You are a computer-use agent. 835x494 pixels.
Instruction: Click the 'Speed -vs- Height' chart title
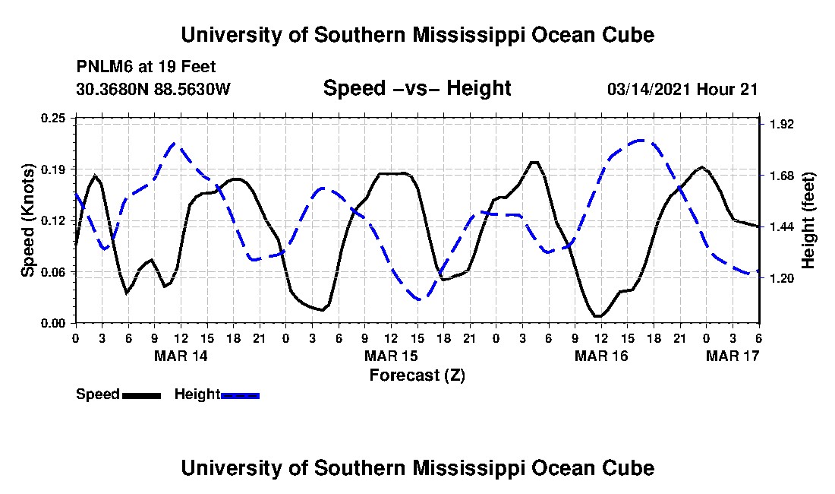point(417,88)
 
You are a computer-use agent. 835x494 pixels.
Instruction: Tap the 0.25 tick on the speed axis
point(53,118)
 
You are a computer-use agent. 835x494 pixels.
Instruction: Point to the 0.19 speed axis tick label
point(53,169)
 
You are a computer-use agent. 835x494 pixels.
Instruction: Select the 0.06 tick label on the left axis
point(53,272)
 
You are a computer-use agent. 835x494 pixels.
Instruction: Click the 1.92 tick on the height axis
point(781,124)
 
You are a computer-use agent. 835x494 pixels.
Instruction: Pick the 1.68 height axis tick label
point(781,176)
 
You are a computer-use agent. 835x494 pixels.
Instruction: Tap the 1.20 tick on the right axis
point(781,279)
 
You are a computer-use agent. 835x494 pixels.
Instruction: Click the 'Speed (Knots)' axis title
point(27,220)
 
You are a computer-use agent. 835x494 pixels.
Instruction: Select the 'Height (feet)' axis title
point(808,220)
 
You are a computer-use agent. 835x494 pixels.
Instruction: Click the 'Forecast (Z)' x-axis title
point(417,375)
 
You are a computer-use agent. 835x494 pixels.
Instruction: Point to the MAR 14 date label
point(181,356)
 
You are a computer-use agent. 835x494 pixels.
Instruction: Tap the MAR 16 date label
point(601,356)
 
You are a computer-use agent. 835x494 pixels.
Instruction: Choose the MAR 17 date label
point(733,356)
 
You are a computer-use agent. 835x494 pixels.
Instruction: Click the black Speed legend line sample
point(141,395)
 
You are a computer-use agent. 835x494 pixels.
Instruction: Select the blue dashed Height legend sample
point(240,395)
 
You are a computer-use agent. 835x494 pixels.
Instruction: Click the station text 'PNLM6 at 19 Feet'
point(146,67)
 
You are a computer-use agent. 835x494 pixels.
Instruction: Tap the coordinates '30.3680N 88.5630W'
point(153,89)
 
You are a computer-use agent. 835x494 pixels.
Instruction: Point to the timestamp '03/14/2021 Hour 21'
point(682,90)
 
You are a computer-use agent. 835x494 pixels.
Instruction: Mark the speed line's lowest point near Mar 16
point(598,316)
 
